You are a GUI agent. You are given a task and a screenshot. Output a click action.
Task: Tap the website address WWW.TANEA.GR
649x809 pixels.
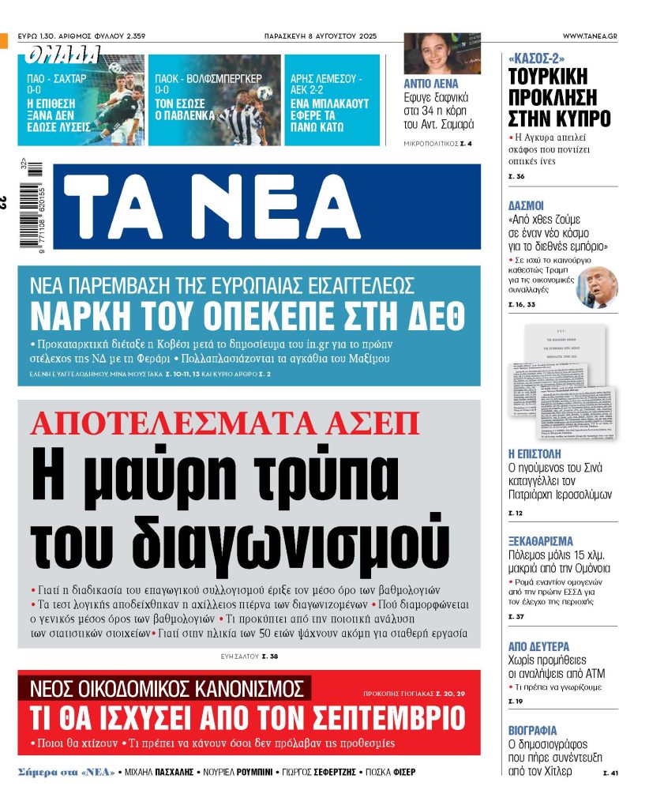coord(590,36)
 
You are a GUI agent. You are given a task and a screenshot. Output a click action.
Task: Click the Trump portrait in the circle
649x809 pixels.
coord(596,287)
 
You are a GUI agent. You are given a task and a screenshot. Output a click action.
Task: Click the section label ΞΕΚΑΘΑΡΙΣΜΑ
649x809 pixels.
coord(540,541)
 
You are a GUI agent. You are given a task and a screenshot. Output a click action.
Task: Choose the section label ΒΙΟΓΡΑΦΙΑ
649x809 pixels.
coord(532,730)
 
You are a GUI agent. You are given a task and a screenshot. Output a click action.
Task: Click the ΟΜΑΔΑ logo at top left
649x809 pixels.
coord(63,55)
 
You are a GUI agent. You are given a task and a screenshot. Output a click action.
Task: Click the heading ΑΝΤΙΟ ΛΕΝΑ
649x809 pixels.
coord(430,84)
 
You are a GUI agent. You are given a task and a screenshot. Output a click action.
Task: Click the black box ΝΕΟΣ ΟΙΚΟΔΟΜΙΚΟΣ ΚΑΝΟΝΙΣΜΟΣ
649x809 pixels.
coord(166,687)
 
